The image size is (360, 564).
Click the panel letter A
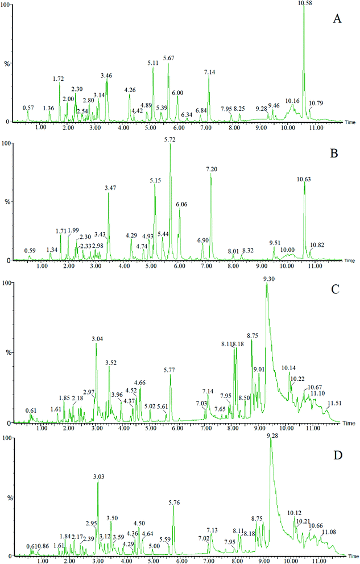(337, 20)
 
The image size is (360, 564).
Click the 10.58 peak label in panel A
(305, 3)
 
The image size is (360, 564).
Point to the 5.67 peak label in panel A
(169, 59)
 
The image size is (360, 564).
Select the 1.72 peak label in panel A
(58, 78)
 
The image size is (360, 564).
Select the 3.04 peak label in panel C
(97, 339)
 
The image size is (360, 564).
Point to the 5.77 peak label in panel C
(169, 370)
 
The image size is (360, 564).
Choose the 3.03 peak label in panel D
(97, 476)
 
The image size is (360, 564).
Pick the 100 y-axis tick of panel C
(6, 283)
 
